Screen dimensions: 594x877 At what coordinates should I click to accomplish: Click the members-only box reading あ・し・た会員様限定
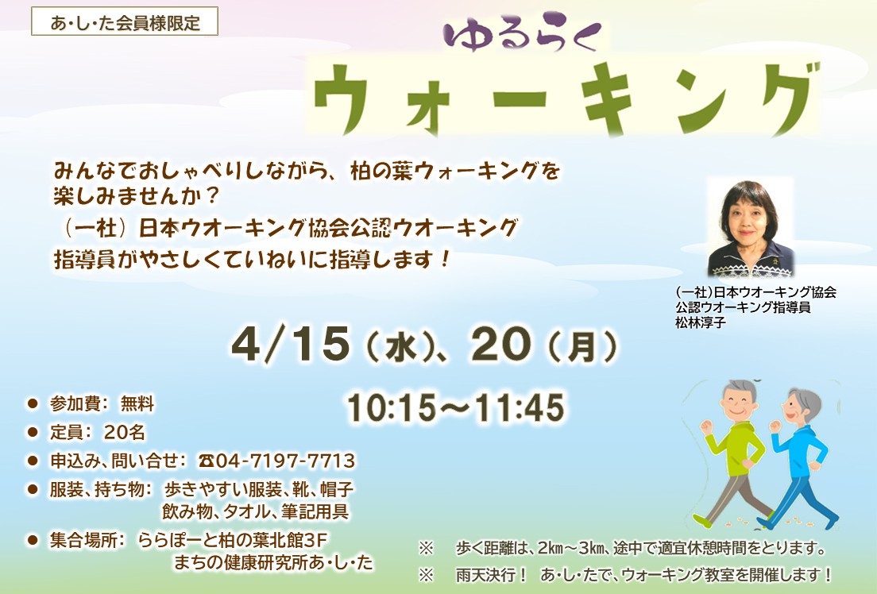pyautogui.click(x=125, y=22)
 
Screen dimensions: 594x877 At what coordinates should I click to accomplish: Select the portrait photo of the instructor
pyautogui.click(x=750, y=227)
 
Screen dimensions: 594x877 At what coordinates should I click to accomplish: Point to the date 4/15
pyautogui.click(x=291, y=343)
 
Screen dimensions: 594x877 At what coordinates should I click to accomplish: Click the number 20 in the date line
pyautogui.click(x=500, y=343)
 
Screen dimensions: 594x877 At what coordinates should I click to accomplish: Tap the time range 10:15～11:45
pyautogui.click(x=455, y=408)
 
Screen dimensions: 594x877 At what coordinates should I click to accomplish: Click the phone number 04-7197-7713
pyautogui.click(x=286, y=461)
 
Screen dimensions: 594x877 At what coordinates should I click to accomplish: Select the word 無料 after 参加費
pyautogui.click(x=137, y=404)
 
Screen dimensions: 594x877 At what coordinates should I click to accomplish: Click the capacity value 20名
pyautogui.click(x=125, y=432)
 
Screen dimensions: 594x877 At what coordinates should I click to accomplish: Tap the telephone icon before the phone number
pyautogui.click(x=207, y=461)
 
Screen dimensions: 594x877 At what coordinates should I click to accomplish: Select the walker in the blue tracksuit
pyautogui.click(x=798, y=461)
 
